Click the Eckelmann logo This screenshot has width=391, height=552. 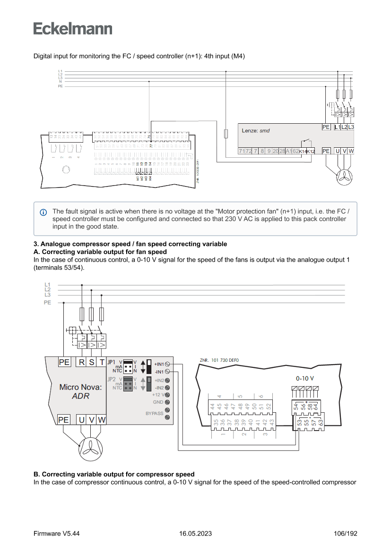[x=73, y=28]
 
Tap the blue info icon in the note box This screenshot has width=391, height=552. [x=43, y=212]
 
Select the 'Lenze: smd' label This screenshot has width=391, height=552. [x=256, y=130]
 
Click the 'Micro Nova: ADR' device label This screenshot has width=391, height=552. [x=80, y=391]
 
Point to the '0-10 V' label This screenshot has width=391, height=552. [x=305, y=379]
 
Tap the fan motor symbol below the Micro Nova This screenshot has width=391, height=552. [x=91, y=448]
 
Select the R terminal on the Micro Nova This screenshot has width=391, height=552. [x=82, y=363]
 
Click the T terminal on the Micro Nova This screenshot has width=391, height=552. [x=102, y=363]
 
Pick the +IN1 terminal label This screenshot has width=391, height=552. [x=159, y=364]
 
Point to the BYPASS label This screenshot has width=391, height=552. [x=154, y=413]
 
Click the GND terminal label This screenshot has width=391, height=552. [x=158, y=402]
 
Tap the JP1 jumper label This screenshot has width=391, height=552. [x=111, y=362]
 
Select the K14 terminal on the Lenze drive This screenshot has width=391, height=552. [x=303, y=151]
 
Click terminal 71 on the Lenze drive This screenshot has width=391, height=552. [x=242, y=151]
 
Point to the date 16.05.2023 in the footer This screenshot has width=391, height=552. [x=195, y=534]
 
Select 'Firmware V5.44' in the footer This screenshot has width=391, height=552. [x=56, y=534]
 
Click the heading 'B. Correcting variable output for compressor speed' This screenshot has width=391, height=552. [x=114, y=474]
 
